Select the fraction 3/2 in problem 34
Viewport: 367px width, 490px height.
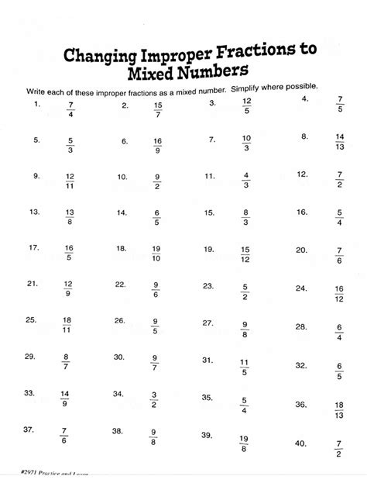click(154, 400)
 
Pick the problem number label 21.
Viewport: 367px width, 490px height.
click(33, 284)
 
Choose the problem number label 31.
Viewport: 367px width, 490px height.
click(208, 360)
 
